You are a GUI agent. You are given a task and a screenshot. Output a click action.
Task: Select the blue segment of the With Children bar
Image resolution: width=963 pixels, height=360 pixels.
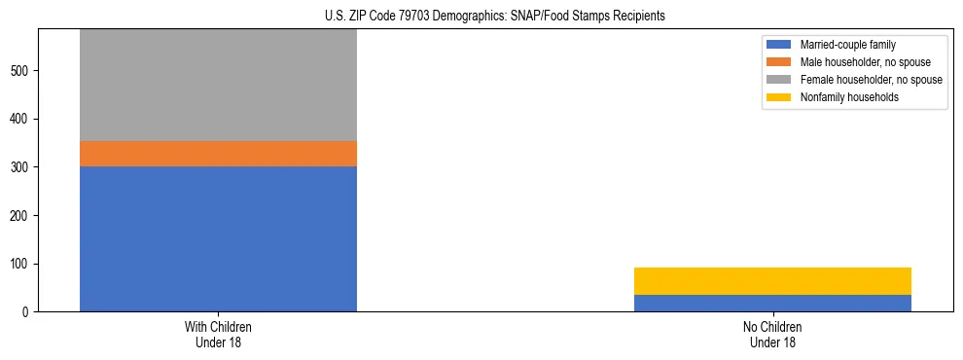coord(218,238)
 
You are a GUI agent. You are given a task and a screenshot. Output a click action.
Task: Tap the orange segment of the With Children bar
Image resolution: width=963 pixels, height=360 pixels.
coord(218,154)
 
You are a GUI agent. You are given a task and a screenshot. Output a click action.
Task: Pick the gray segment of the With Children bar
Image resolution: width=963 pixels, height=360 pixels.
coord(218,86)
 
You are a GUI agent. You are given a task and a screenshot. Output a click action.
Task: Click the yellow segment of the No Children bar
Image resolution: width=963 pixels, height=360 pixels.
coord(772,281)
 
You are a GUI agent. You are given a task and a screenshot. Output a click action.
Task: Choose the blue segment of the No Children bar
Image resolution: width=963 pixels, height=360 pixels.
coord(772,303)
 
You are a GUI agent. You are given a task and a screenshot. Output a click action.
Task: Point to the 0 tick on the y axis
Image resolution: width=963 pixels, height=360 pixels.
coord(28,312)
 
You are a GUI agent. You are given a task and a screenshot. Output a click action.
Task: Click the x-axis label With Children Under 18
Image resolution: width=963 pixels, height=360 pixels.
coord(218,334)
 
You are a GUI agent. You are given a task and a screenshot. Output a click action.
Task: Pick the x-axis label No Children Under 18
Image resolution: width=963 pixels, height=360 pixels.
coord(772,334)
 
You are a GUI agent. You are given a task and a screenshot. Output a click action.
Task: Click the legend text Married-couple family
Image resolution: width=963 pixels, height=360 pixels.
coord(848,45)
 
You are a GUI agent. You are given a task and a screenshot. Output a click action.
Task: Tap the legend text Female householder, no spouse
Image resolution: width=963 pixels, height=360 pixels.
coord(871,80)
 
